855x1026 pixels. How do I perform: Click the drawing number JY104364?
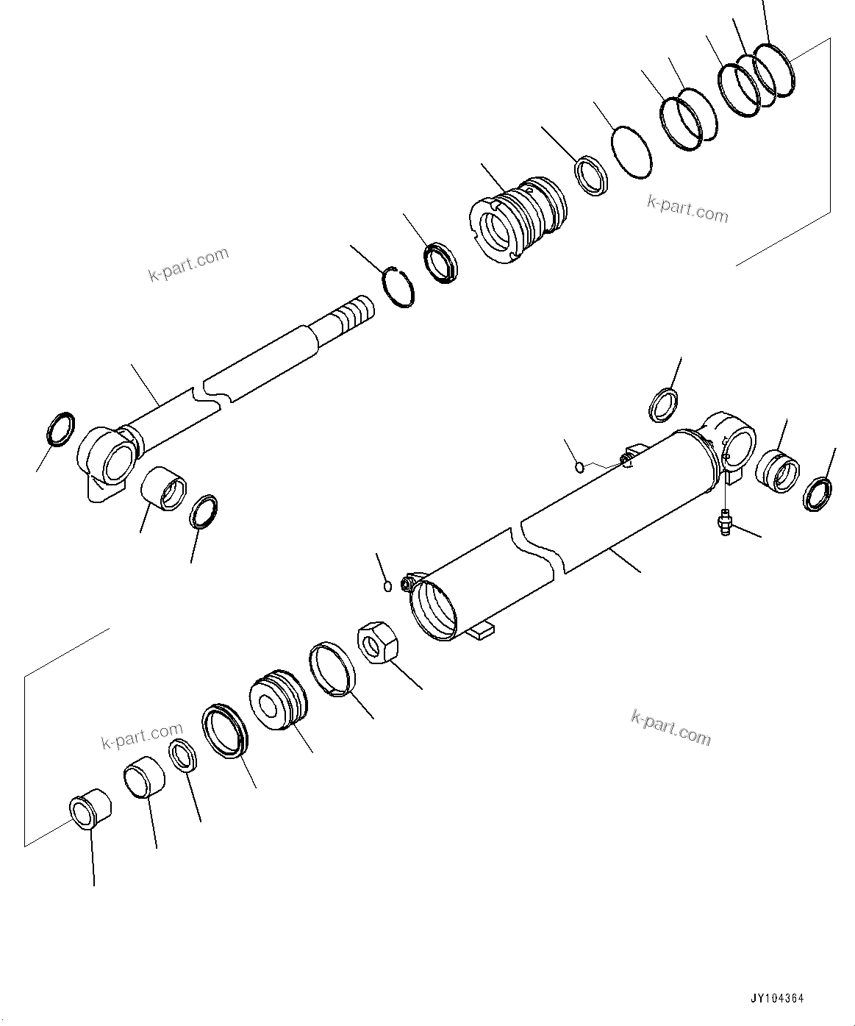click(x=777, y=999)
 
